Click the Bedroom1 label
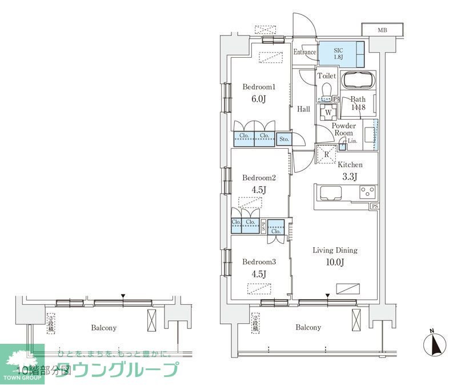[259, 87]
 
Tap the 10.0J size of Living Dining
[335, 263]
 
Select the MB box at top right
[382, 30]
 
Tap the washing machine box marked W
[328, 112]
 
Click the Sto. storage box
[284, 139]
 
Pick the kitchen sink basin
[331, 193]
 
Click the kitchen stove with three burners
[367, 193]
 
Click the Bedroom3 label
[259, 262]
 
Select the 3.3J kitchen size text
[349, 177]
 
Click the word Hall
[303, 109]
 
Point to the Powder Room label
[344, 129]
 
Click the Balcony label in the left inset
[103, 328]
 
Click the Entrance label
[304, 53]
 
